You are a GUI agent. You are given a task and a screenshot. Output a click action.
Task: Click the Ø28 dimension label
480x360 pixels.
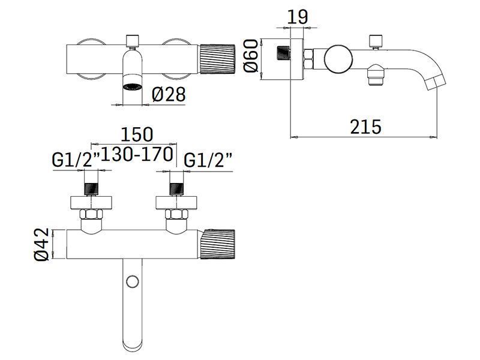(x=169, y=94)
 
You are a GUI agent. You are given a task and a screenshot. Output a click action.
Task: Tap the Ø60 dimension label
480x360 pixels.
(x=251, y=56)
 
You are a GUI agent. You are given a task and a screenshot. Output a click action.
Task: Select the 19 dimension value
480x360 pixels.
(x=298, y=17)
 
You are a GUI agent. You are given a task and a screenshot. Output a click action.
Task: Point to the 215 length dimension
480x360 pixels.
(x=366, y=127)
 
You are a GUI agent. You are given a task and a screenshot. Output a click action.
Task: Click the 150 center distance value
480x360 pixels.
(x=137, y=134)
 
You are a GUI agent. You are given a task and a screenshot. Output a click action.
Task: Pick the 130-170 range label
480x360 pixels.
(x=137, y=154)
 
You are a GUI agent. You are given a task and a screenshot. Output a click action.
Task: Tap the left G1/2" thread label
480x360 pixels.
(x=76, y=160)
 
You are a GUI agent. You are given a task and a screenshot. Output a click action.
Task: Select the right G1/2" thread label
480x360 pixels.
(x=208, y=160)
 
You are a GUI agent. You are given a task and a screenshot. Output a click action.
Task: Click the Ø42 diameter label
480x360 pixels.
(x=42, y=244)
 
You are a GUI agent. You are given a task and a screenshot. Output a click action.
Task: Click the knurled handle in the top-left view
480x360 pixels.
(x=217, y=59)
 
